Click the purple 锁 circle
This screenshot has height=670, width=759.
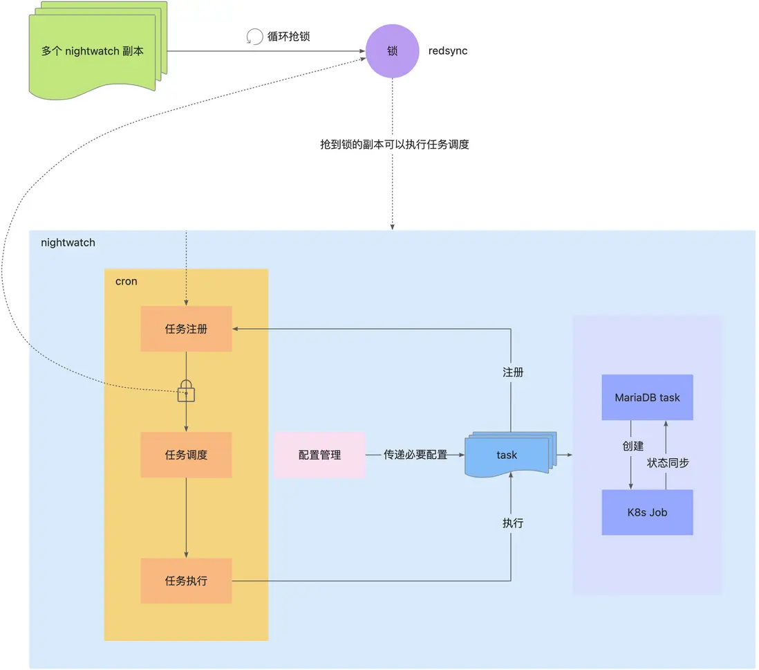393,51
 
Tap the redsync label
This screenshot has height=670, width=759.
448,51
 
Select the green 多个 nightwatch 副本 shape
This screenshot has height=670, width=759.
94,52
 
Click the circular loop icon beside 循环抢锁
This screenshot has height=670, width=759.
254,37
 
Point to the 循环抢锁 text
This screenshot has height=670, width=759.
288,37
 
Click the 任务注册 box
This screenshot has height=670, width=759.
186,329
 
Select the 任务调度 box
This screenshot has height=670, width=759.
186,455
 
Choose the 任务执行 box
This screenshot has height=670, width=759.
186,581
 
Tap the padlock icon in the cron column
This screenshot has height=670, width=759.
186,391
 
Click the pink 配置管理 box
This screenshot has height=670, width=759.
319,455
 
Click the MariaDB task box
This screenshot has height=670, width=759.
647,397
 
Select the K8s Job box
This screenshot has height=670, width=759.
647,513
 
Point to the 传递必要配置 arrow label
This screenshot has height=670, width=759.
415,455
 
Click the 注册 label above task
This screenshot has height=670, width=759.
513,372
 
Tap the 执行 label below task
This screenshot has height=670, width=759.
513,523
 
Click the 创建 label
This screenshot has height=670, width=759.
633,446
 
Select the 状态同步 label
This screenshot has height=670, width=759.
668,462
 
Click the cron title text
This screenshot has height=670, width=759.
126,282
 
